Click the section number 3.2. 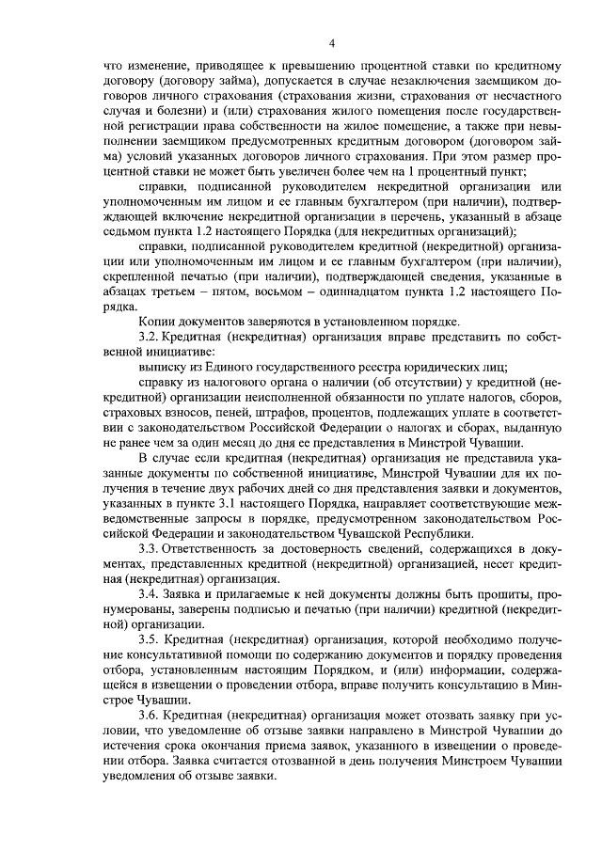pos(150,336)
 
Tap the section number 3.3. pos(150,548)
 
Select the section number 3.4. pos(150,594)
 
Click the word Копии pos(158,320)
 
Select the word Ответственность pos(219,548)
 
